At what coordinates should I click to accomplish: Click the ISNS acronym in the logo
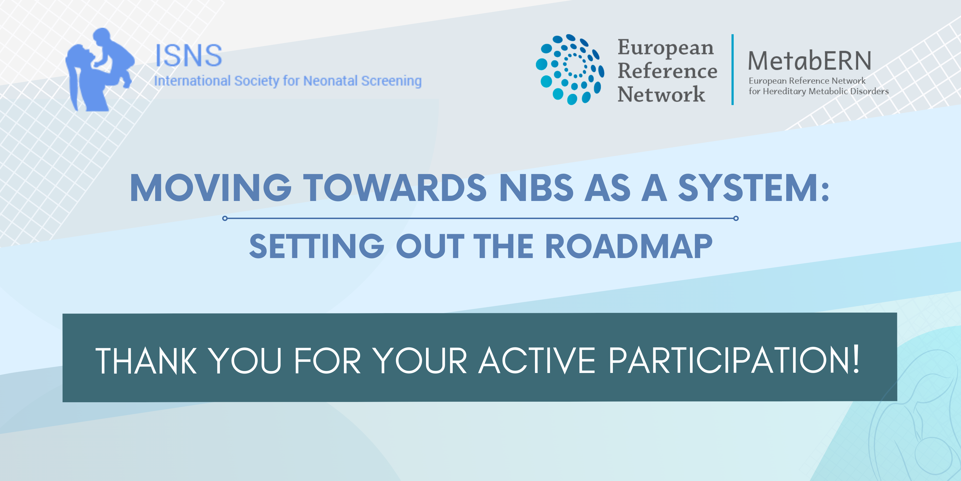click(189, 55)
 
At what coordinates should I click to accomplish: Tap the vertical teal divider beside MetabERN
click(733, 70)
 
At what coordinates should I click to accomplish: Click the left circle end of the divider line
click(225, 218)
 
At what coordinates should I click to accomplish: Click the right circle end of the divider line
click(736, 218)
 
